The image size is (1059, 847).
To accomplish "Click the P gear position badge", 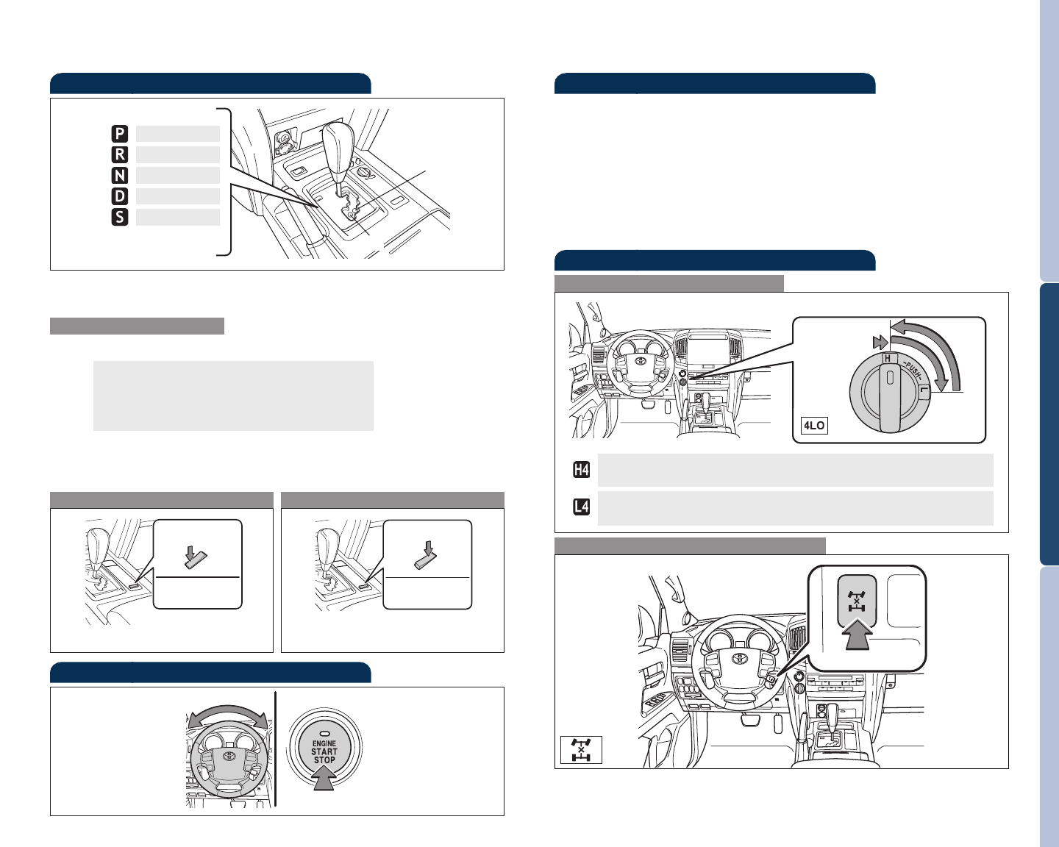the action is [x=120, y=134].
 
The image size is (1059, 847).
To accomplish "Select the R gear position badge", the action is [x=120, y=154].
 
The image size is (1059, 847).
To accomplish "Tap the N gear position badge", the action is [x=120, y=176].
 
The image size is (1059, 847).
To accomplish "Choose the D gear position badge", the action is [x=120, y=196].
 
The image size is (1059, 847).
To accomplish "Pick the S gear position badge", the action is [x=120, y=217].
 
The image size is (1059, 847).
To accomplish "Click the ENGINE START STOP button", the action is [x=324, y=748].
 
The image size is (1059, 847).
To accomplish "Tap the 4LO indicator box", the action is [x=814, y=425].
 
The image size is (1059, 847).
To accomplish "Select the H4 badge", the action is [x=581, y=470].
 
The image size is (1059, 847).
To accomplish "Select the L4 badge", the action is [x=581, y=507].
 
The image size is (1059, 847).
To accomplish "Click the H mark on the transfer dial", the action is [x=888, y=358].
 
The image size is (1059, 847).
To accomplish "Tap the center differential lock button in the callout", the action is [x=857, y=601].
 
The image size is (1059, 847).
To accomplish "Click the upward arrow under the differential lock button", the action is [x=857, y=634].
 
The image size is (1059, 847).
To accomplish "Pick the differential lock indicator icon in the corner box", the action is [x=581, y=749].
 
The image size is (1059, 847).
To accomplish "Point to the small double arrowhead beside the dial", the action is [x=880, y=342].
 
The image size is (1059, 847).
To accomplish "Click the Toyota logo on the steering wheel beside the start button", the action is [x=229, y=755].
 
